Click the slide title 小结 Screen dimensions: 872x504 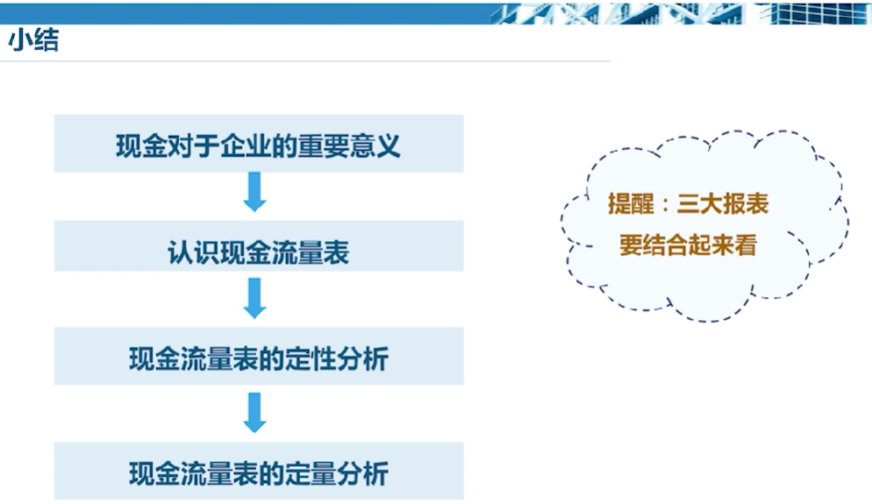point(33,40)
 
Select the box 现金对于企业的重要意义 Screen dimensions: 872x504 point(259,144)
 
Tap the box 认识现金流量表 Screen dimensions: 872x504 point(259,245)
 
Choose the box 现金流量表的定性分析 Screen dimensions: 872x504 point(259,356)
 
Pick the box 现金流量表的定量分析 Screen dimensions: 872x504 point(259,471)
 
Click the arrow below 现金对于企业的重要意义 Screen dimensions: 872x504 point(254,192)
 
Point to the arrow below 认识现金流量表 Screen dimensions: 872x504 point(254,298)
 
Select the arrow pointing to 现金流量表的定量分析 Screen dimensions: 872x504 point(254,412)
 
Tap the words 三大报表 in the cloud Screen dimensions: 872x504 point(722,203)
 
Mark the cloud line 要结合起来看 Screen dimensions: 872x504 point(688,245)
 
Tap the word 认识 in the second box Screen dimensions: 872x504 point(194,252)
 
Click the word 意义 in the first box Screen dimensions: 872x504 point(375,146)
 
